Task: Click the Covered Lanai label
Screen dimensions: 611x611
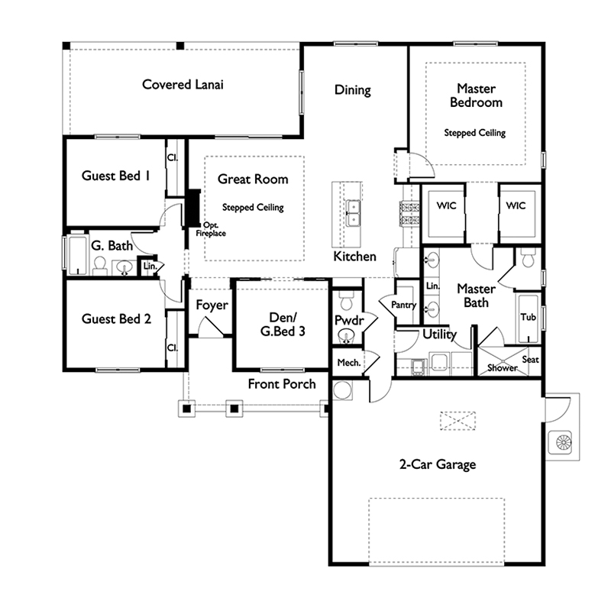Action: [183, 84]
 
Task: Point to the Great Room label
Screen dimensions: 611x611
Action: [253, 179]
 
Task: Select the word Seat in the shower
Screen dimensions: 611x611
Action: [529, 360]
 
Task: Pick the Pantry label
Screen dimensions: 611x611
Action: [403, 305]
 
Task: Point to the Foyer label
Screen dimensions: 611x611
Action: [212, 305]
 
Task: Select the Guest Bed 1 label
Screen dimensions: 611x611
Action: [115, 176]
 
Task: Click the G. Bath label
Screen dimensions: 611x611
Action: [112, 246]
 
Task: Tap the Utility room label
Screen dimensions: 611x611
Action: [439, 334]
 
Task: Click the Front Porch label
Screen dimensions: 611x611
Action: [282, 383]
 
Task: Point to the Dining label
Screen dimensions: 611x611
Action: [352, 89]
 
